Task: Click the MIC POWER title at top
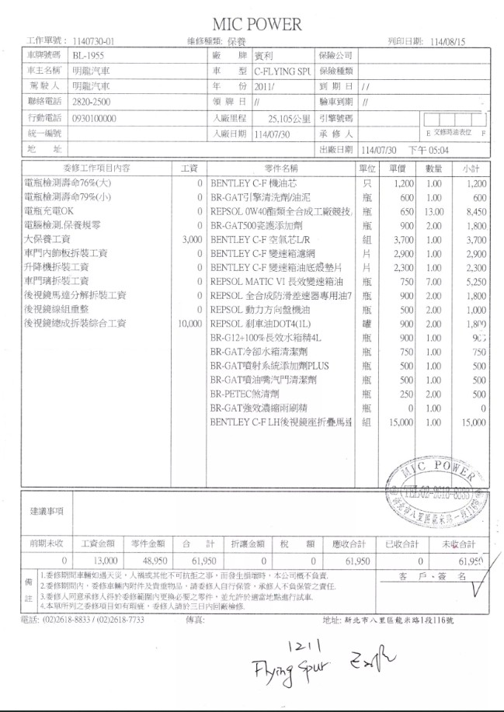click(x=256, y=25)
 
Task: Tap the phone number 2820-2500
click(x=91, y=101)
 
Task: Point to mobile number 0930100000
click(x=94, y=118)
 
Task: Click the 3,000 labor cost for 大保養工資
click(x=191, y=240)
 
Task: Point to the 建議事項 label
click(x=46, y=511)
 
